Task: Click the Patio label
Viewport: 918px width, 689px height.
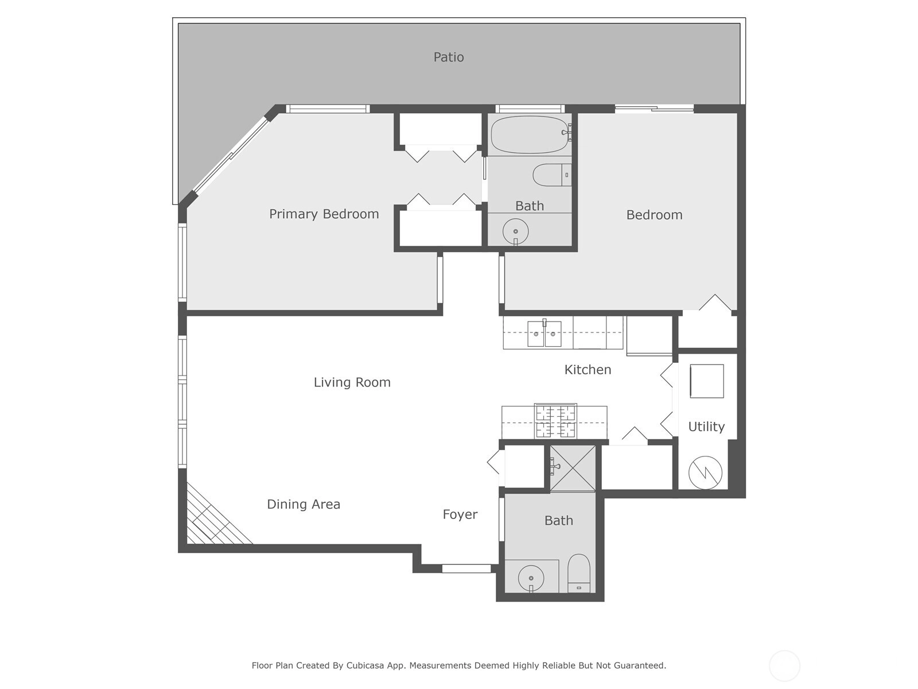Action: [448, 57]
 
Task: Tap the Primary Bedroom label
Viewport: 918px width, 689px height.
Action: [324, 214]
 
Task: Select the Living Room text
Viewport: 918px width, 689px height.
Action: [352, 382]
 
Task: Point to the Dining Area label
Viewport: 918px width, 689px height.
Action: [303, 504]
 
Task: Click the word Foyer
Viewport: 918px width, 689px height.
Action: [460, 514]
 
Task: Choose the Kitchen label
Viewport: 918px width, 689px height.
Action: [588, 370]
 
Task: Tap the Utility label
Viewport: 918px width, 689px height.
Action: [706, 427]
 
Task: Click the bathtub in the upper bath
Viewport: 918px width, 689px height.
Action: [530, 135]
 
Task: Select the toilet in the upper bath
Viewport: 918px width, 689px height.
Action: [552, 175]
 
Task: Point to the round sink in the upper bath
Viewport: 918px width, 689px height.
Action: [515, 231]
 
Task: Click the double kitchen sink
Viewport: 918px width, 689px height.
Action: [544, 334]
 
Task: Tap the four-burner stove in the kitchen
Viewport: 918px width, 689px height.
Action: [555, 421]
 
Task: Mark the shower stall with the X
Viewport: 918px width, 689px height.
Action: [572, 468]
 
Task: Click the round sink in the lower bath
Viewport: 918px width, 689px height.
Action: [531, 578]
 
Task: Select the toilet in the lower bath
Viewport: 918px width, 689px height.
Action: [579, 573]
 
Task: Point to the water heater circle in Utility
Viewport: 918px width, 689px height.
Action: [705, 473]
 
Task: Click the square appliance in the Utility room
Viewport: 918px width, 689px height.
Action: [707, 381]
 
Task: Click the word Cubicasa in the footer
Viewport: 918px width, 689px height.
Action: [365, 665]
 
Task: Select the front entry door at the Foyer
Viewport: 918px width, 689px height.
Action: [466, 568]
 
